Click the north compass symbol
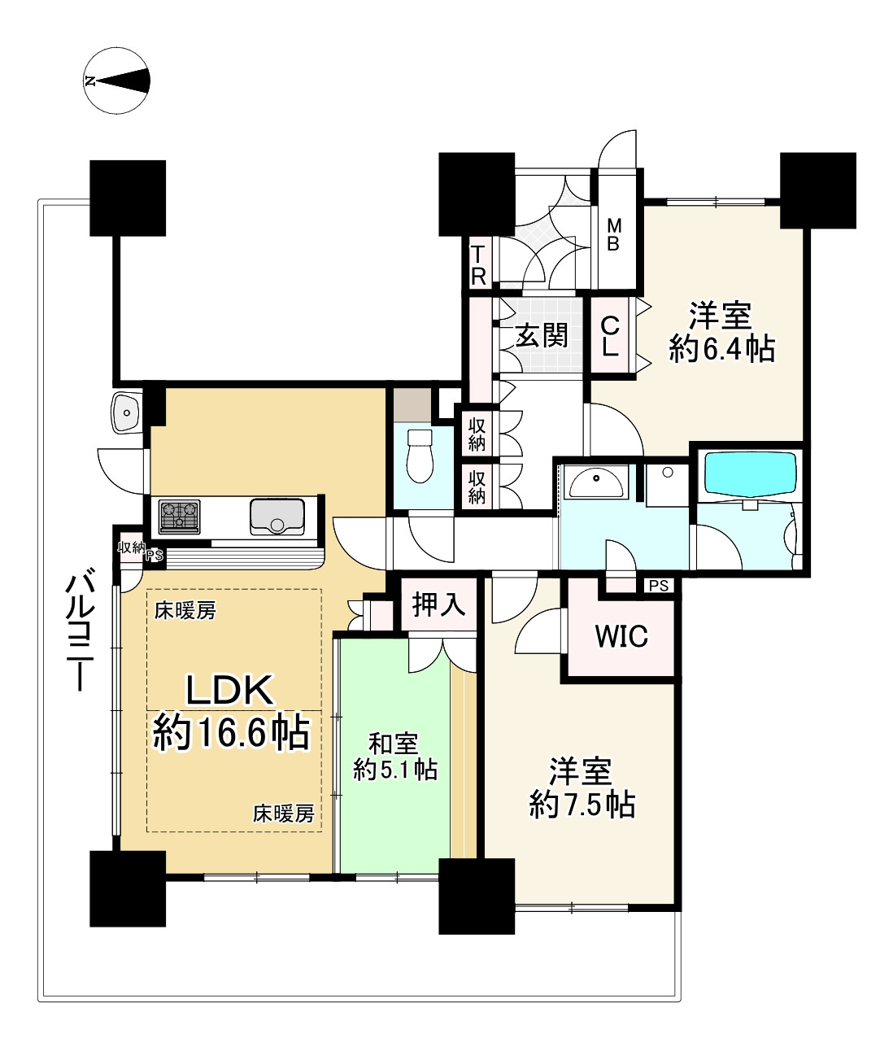coord(116,81)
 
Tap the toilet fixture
coord(420,456)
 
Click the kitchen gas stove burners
coord(179,517)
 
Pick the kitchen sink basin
coord(277,517)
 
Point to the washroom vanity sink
coord(597,481)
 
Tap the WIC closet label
coord(621,637)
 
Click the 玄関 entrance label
coord(542,335)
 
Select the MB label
coord(614,234)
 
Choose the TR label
coord(479,265)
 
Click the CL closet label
coord(610,337)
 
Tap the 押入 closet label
coord(438,604)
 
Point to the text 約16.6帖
coord(231,733)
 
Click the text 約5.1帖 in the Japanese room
coord(395,770)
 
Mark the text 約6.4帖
coord(721,349)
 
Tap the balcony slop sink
coord(127,412)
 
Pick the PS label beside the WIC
coord(659,586)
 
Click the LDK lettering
coord(230,690)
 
